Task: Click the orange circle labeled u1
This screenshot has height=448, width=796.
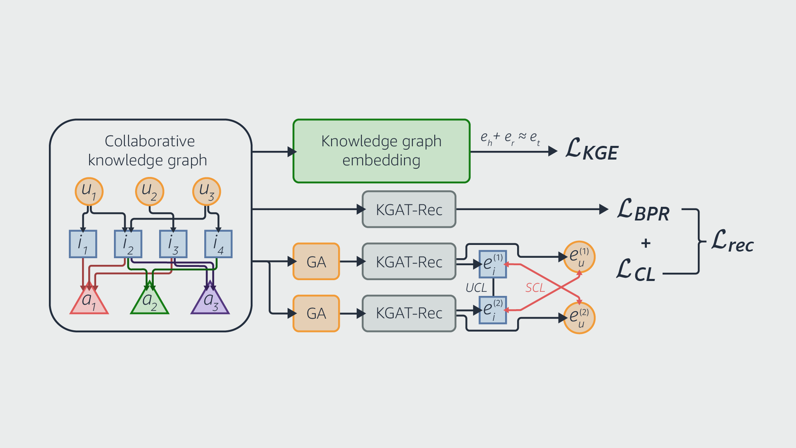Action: pyautogui.click(x=89, y=191)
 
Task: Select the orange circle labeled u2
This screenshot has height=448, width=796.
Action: pyautogui.click(x=150, y=191)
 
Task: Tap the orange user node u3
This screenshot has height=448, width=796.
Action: pyautogui.click(x=207, y=191)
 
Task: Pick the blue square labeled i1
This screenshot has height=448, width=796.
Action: pyautogui.click(x=83, y=244)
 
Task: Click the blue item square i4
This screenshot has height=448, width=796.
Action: pyautogui.click(x=218, y=244)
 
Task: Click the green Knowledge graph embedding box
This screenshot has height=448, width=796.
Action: pyautogui.click(x=381, y=151)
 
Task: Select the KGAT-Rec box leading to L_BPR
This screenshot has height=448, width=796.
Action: pyautogui.click(x=409, y=209)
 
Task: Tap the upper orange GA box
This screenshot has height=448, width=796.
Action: pyautogui.click(x=316, y=262)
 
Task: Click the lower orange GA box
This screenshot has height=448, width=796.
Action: pyautogui.click(x=316, y=313)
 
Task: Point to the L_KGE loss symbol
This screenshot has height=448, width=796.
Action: pyautogui.click(x=592, y=150)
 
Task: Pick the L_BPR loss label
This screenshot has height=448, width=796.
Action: pyautogui.click(x=643, y=210)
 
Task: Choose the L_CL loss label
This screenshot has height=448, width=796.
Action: pyautogui.click(x=636, y=271)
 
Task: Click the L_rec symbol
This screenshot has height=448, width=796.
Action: pyautogui.click(x=732, y=242)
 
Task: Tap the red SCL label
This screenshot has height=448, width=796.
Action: pyautogui.click(x=535, y=288)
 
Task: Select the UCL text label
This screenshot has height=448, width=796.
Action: pyautogui.click(x=476, y=288)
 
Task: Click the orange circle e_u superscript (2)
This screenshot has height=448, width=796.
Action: pyautogui.click(x=579, y=318)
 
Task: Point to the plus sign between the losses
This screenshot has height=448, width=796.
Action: pyautogui.click(x=646, y=243)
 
